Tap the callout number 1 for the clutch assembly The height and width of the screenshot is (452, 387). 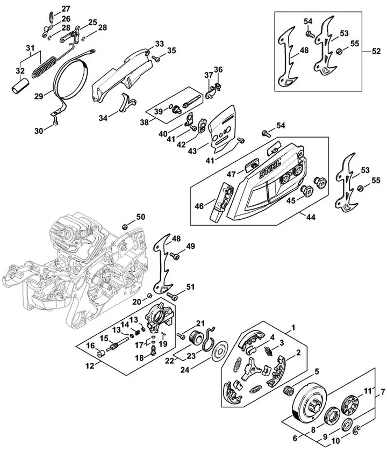coord(293,327)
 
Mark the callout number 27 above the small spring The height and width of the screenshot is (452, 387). coord(66,9)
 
